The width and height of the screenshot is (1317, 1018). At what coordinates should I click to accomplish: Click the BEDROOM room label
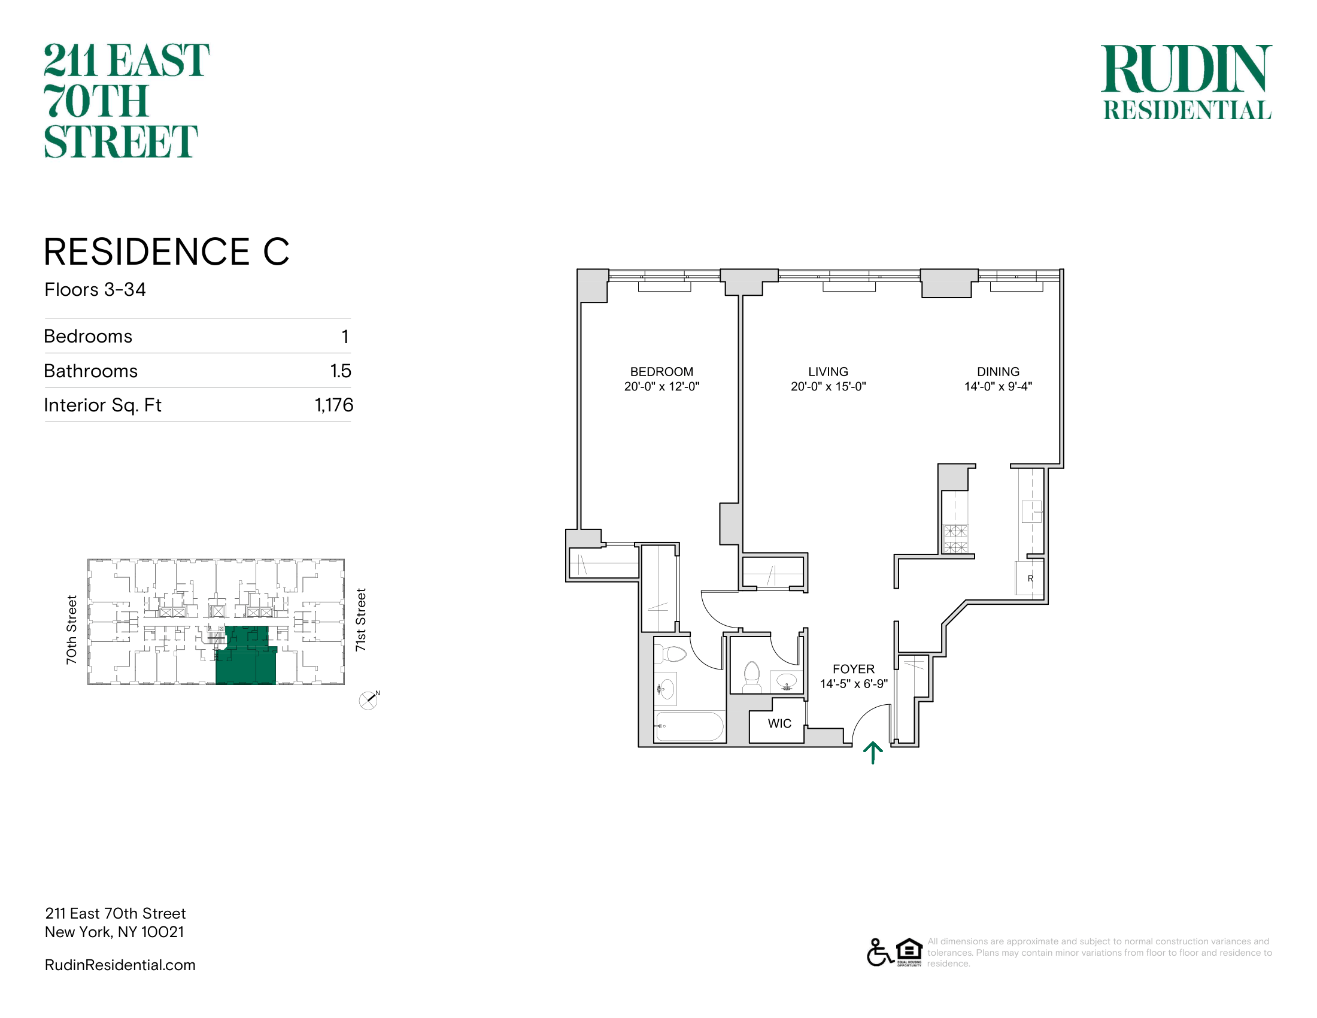(661, 371)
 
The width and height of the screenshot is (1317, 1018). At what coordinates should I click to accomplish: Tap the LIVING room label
(828, 371)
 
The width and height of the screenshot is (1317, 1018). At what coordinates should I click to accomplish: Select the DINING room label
(998, 371)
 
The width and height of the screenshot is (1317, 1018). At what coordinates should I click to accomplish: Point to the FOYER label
(853, 669)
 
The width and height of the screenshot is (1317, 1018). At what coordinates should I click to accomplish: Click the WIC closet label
(779, 723)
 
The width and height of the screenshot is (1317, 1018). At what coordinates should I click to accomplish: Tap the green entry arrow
(873, 753)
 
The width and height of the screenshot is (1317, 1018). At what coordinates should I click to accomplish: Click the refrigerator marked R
(1030, 578)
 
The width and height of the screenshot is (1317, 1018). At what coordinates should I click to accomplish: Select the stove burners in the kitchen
(955, 538)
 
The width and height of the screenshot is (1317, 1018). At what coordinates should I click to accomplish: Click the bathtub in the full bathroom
(689, 726)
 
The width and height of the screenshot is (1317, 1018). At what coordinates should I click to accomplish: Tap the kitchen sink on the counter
(1031, 511)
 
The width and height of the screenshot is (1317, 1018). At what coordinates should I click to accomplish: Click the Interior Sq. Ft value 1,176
(333, 405)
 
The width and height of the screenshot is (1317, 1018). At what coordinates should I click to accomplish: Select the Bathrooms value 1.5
(340, 371)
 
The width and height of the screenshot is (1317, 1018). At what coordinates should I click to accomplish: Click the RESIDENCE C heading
(166, 252)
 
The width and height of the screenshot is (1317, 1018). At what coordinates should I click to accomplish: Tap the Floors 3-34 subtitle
(95, 289)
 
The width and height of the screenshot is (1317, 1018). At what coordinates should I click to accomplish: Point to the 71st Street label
(360, 619)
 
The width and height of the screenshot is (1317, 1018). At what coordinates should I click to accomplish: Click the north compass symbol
(368, 700)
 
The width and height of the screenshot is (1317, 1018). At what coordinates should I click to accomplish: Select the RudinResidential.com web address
(120, 965)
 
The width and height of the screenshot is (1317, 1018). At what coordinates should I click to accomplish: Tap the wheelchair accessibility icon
(880, 952)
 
